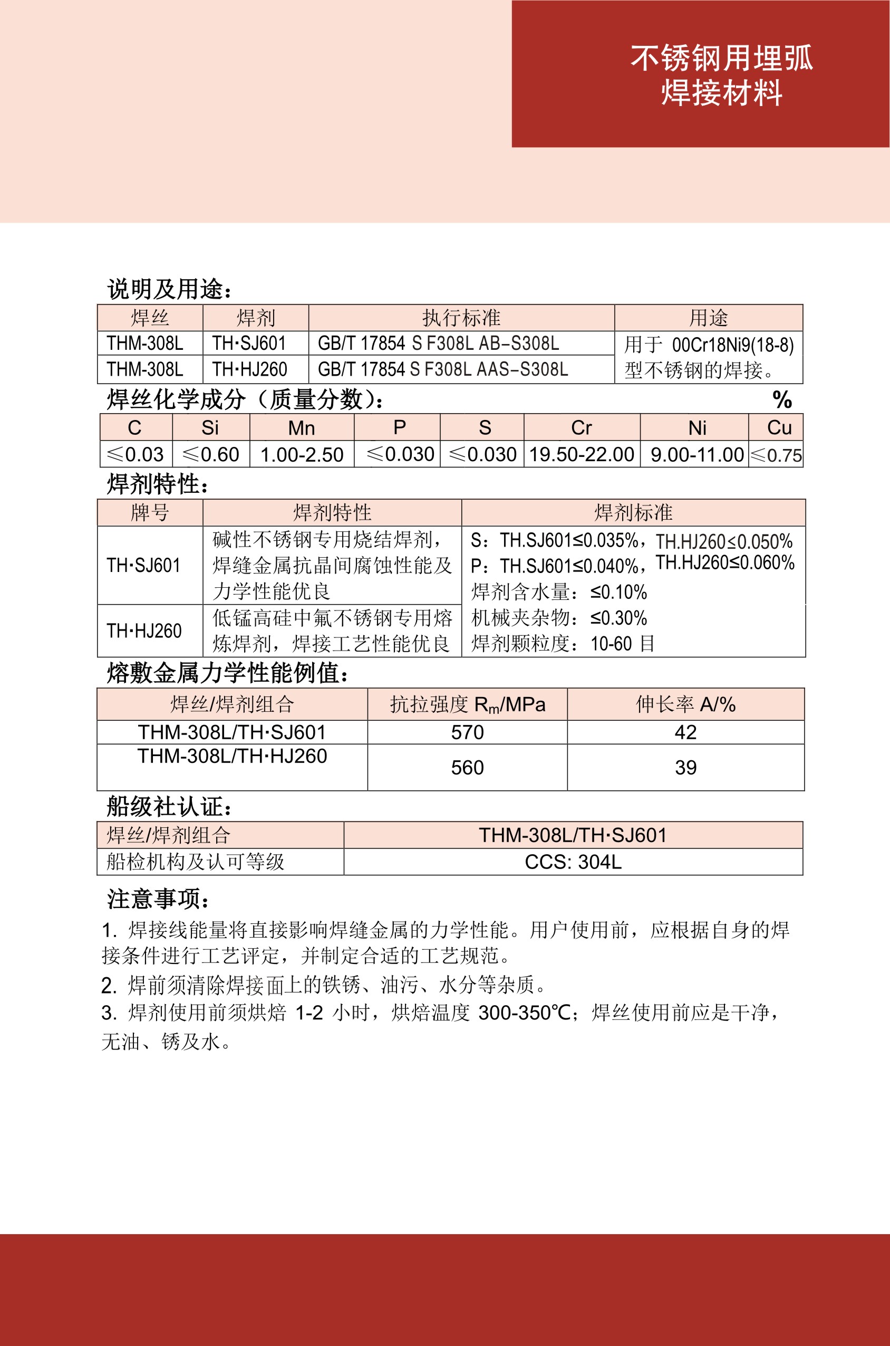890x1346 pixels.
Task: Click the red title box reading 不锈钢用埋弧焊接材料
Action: coord(700,74)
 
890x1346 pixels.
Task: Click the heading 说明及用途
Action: coord(169,289)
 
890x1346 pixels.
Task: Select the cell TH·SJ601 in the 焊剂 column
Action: coord(249,343)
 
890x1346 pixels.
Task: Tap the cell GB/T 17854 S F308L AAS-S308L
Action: coord(443,370)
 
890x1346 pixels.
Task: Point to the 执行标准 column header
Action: coord(461,318)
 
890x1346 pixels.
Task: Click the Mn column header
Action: coord(302,428)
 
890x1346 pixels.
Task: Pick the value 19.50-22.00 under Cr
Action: coord(581,454)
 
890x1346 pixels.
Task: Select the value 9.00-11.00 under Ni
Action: coord(696,454)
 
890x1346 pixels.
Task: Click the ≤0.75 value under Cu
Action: coord(776,455)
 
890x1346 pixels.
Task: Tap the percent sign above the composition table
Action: coord(782,400)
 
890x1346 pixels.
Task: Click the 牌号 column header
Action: coord(150,513)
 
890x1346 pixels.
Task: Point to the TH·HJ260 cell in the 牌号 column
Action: coord(144,631)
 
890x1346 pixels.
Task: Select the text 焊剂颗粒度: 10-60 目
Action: coord(563,644)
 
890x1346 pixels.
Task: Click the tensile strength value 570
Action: coord(467,732)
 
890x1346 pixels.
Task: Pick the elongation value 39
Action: coord(685,767)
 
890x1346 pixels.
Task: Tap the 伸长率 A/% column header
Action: coord(685,704)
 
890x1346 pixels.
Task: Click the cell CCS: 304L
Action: coord(573,862)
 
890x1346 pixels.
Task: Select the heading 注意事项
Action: coord(158,899)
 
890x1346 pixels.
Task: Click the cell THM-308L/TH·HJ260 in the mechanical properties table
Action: coord(232,756)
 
